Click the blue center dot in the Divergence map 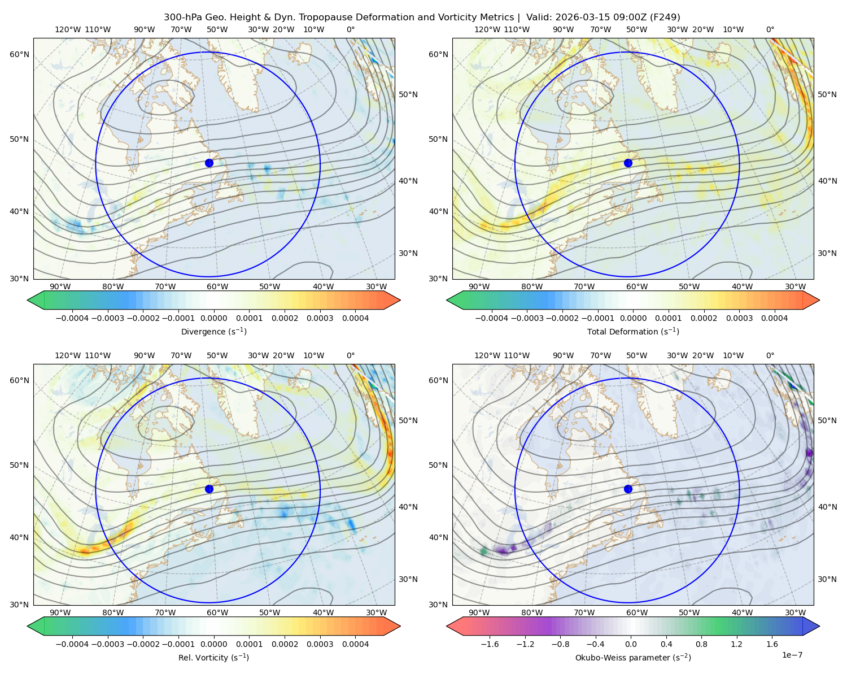[x=209, y=163]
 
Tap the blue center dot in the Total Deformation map [x=628, y=163]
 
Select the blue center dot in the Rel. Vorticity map [x=209, y=489]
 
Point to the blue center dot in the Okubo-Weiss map [x=628, y=489]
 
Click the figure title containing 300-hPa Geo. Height [x=422, y=18]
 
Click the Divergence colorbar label [x=213, y=331]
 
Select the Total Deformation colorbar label [x=633, y=331]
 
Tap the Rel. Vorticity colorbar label [x=213, y=657]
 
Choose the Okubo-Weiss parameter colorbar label [x=633, y=657]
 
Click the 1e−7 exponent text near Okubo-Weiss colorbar [x=792, y=655]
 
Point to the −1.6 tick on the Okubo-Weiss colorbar [x=490, y=644]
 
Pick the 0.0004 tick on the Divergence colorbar [x=355, y=318]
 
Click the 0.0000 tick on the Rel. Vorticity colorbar [x=213, y=644]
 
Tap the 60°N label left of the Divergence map [x=19, y=54]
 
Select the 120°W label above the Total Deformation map [x=487, y=29]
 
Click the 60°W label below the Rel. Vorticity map [x=217, y=612]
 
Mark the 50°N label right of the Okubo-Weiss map [x=827, y=420]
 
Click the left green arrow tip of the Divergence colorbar [x=28, y=300]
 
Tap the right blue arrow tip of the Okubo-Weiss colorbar [x=819, y=626]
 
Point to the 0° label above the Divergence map [x=351, y=29]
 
